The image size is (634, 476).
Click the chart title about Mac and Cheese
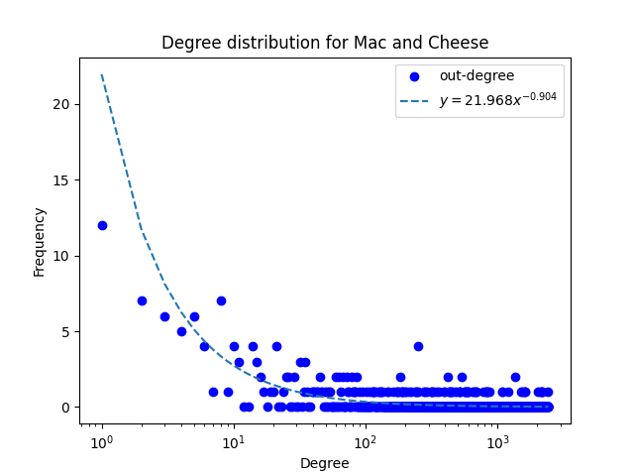click(x=325, y=44)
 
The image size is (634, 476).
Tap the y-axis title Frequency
click(x=40, y=242)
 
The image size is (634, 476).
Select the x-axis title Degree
click(x=325, y=463)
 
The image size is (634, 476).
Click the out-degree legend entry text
click(x=476, y=76)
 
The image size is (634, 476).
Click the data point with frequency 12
click(x=102, y=225)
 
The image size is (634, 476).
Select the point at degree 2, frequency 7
click(x=142, y=300)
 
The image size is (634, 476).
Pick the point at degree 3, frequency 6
click(x=164, y=316)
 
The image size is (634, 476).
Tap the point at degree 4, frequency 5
click(x=181, y=331)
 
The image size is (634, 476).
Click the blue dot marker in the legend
click(x=416, y=76)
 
